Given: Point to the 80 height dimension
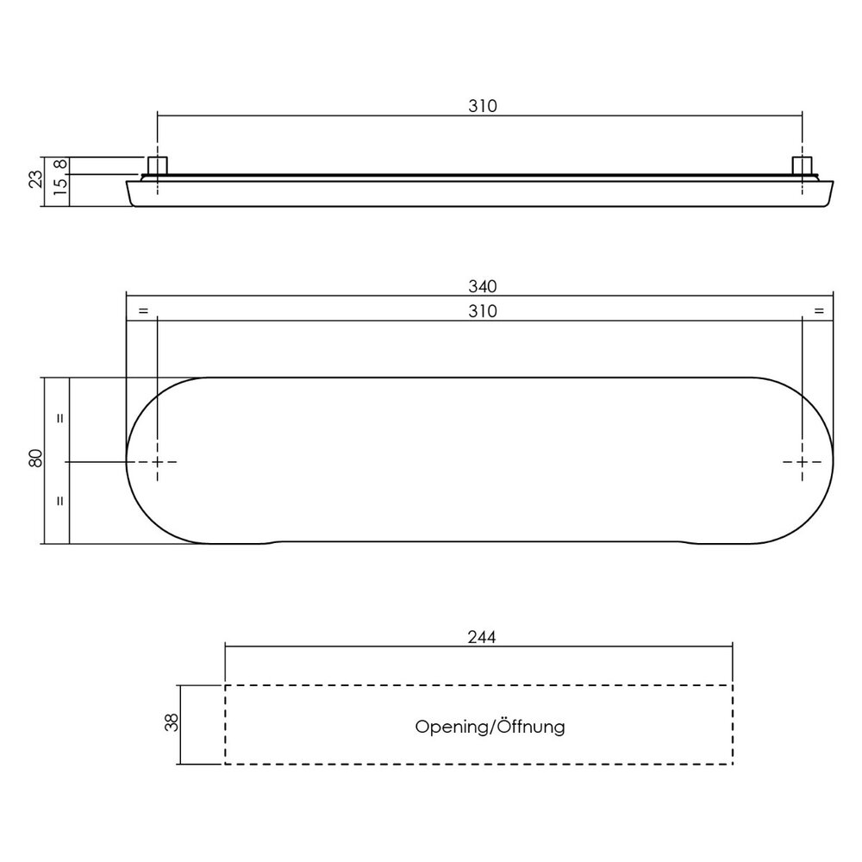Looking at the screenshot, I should (35, 459).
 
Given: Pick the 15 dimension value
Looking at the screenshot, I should (59, 188).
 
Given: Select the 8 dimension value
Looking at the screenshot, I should (59, 165).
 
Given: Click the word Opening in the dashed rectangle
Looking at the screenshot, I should (452, 728).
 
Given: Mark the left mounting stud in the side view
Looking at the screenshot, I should (157, 166).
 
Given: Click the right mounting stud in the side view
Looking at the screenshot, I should (803, 166).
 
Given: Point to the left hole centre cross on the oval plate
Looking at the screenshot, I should (157, 462).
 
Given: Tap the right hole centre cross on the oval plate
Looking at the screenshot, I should (803, 462).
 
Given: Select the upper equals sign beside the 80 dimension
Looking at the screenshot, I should (59, 418).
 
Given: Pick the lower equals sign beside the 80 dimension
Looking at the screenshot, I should (59, 501).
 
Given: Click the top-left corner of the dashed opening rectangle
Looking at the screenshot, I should (225, 685).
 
